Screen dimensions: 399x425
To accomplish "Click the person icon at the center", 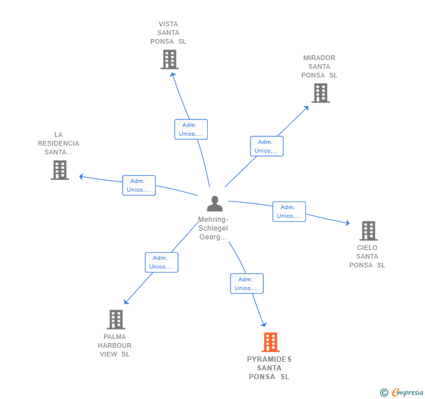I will pyautogui.click(x=215, y=204).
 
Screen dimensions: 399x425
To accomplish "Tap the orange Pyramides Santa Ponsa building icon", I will pyautogui.click(x=270, y=342).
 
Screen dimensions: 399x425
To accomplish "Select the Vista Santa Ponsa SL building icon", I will pyautogui.click(x=169, y=59).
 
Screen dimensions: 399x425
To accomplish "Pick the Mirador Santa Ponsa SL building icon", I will pyautogui.click(x=320, y=93).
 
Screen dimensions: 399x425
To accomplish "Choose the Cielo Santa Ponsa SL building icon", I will pyautogui.click(x=368, y=231).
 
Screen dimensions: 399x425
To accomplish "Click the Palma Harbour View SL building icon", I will pyautogui.click(x=116, y=319).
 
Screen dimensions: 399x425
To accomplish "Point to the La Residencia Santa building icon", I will pyautogui.click(x=60, y=170).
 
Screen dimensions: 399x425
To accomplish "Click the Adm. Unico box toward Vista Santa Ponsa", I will pyautogui.click(x=191, y=129).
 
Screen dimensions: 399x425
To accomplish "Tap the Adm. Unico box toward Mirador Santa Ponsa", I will pyautogui.click(x=267, y=146).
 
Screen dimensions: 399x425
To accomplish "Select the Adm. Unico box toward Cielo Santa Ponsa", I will pyautogui.click(x=289, y=211).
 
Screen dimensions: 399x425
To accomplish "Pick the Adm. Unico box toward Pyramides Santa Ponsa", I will pyautogui.click(x=247, y=284).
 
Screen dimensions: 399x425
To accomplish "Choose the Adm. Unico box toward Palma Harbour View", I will pyautogui.click(x=162, y=262).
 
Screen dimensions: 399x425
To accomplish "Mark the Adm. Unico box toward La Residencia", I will pyautogui.click(x=139, y=185).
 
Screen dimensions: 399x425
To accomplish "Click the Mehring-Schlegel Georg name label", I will pyautogui.click(x=213, y=228).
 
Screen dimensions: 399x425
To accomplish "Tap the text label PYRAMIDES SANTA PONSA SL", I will pyautogui.click(x=269, y=368).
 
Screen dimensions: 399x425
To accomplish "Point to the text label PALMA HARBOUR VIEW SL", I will pyautogui.click(x=115, y=345).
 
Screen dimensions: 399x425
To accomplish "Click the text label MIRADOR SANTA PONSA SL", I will pyautogui.click(x=319, y=66).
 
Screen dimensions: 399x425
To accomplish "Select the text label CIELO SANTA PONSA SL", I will pyautogui.click(x=367, y=256).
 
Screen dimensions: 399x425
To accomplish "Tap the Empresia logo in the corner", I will pyautogui.click(x=401, y=393).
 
